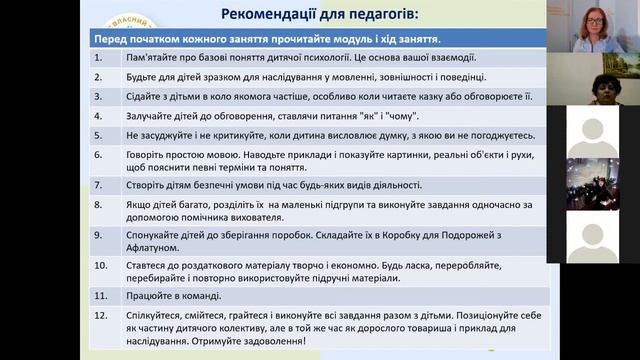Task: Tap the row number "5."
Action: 98,135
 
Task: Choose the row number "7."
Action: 98,185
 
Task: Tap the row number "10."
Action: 100,265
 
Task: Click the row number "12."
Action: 100,316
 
